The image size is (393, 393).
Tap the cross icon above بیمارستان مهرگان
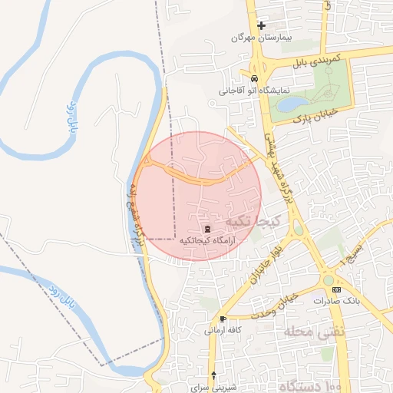pyautogui.click(x=261, y=25)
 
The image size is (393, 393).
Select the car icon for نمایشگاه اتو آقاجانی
pyautogui.click(x=253, y=78)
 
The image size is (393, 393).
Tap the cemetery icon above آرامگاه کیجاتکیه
pyautogui.click(x=206, y=229)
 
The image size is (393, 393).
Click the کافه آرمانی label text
pyautogui.click(x=223, y=329)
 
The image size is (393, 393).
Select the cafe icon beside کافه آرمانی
pyautogui.click(x=223, y=318)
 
